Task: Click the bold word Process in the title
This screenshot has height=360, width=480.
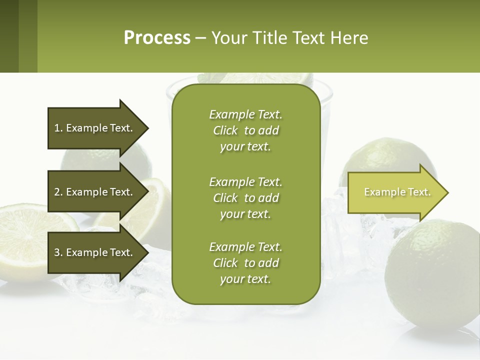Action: pyautogui.click(x=157, y=38)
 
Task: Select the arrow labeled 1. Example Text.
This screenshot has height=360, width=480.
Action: pyautogui.click(x=97, y=128)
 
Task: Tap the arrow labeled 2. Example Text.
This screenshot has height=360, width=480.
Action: pyautogui.click(x=97, y=192)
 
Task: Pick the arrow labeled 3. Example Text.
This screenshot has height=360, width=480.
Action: pyautogui.click(x=97, y=252)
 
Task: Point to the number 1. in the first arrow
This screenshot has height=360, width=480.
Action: pyautogui.click(x=58, y=128)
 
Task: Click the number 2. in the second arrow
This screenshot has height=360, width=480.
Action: pyautogui.click(x=58, y=192)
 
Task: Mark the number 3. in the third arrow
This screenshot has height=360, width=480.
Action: pyautogui.click(x=58, y=252)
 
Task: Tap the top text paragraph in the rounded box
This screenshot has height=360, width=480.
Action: pyautogui.click(x=245, y=130)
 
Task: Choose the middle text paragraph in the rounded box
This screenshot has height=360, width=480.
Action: pyautogui.click(x=245, y=198)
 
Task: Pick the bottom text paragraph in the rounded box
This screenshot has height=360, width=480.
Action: pyautogui.click(x=245, y=263)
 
